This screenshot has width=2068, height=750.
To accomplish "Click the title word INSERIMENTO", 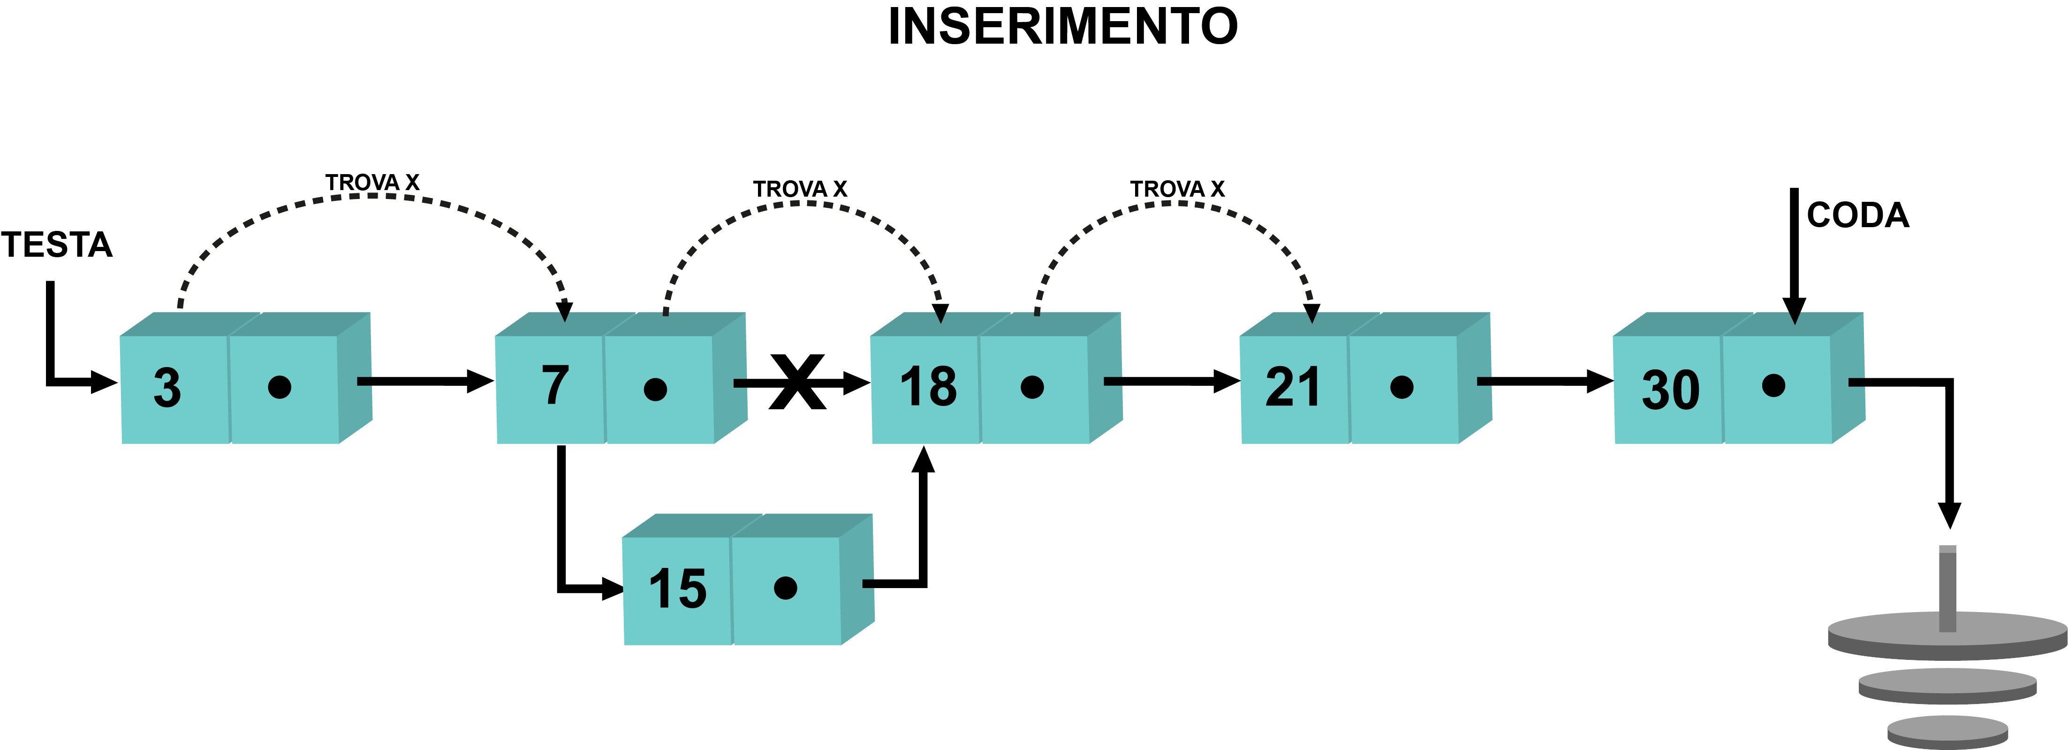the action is (x=1063, y=26).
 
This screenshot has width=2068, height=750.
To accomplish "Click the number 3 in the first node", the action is (x=167, y=388).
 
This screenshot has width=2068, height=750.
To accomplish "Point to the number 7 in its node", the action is (x=555, y=385).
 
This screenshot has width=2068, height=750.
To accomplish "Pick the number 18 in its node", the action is (x=929, y=386).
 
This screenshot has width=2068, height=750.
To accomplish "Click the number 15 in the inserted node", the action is (x=678, y=589).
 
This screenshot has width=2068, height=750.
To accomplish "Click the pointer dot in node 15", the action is (x=785, y=588).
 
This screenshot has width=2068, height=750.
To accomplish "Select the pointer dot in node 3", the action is (x=280, y=387).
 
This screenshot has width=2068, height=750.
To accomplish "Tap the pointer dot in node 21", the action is (x=1401, y=387).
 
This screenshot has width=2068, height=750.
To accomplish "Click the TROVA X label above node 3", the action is (x=372, y=182).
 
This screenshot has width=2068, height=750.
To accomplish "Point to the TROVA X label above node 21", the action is (x=1178, y=189).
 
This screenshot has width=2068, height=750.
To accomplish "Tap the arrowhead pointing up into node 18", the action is (x=924, y=460).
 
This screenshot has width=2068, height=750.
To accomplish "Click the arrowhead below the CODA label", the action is (x=1794, y=311).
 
